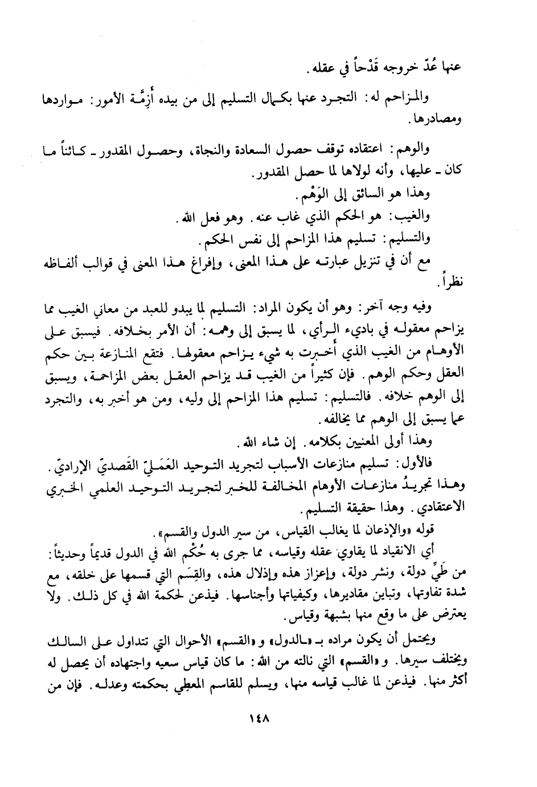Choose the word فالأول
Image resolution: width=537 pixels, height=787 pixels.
[x=417, y=459]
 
